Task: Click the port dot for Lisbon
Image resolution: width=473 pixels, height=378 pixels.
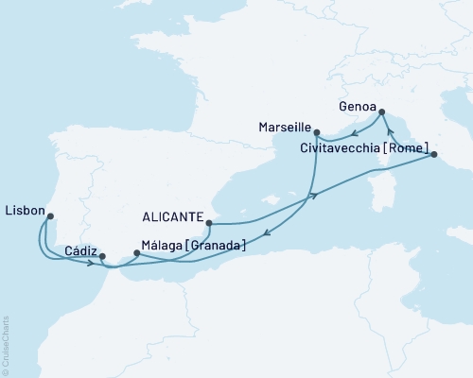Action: [x=50, y=215]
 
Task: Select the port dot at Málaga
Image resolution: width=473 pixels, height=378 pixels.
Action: [x=138, y=252]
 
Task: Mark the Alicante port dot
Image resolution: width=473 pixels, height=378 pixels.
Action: [x=208, y=225]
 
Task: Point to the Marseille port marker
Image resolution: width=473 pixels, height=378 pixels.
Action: [x=316, y=132]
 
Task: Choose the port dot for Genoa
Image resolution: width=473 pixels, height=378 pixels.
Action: [x=381, y=113]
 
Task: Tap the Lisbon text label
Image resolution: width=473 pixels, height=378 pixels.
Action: [x=22, y=209]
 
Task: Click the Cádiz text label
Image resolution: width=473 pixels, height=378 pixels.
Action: [x=79, y=250]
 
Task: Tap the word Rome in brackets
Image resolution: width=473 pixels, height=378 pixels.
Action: [x=410, y=146]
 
